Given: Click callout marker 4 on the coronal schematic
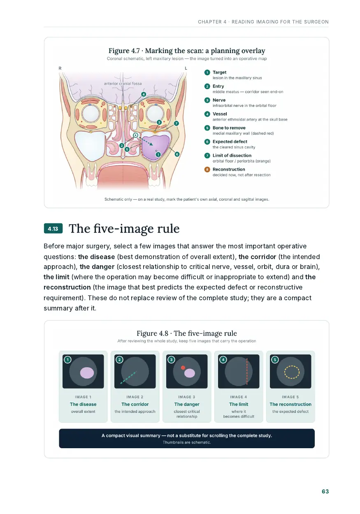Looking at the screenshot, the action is (144, 94).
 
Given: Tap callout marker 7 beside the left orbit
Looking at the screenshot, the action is (176, 123).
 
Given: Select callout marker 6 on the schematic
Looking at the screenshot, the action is (177, 154).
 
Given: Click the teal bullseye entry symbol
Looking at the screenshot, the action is (136, 135).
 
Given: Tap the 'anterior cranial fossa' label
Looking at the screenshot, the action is (123, 83).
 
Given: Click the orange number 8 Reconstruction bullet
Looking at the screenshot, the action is (207, 169).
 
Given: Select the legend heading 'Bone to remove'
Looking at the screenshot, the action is (229, 128).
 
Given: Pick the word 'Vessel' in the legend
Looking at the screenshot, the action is (220, 114).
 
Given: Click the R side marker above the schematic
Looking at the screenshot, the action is (60, 68).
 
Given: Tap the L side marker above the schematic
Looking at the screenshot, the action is (186, 68).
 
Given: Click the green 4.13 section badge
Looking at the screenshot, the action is (53, 229).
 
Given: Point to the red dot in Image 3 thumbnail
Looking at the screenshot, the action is (183, 368).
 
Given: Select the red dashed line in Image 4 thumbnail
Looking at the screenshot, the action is (247, 371).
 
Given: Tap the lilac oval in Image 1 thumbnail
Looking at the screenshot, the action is (87, 373).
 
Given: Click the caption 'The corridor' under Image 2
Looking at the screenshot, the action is (135, 404).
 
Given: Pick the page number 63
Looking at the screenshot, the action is (325, 491).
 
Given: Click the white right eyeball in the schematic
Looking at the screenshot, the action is (91, 113).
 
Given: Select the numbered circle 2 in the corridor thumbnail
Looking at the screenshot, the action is (119, 359).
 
